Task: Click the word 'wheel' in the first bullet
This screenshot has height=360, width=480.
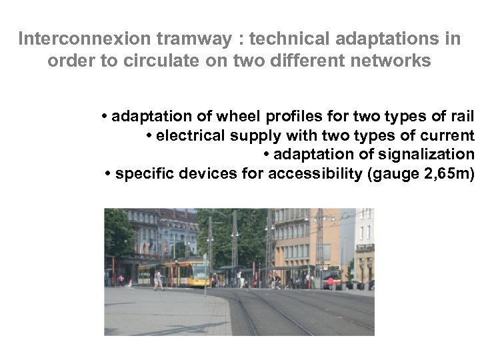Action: pos(235,118)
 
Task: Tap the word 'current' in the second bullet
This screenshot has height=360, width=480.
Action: pos(446,137)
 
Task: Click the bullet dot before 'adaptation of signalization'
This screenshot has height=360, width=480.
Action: pos(266,155)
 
